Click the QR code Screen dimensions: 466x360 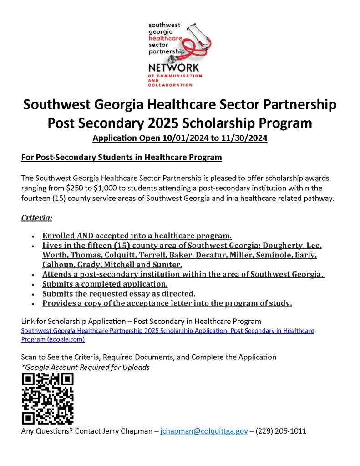click(47, 399)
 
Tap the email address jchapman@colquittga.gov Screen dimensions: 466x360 click(204, 430)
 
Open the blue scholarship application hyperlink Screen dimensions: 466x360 click(167, 331)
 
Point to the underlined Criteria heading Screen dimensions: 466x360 click(37, 218)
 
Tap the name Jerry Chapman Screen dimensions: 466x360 click(128, 430)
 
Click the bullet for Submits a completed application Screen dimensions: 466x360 click(33, 284)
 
